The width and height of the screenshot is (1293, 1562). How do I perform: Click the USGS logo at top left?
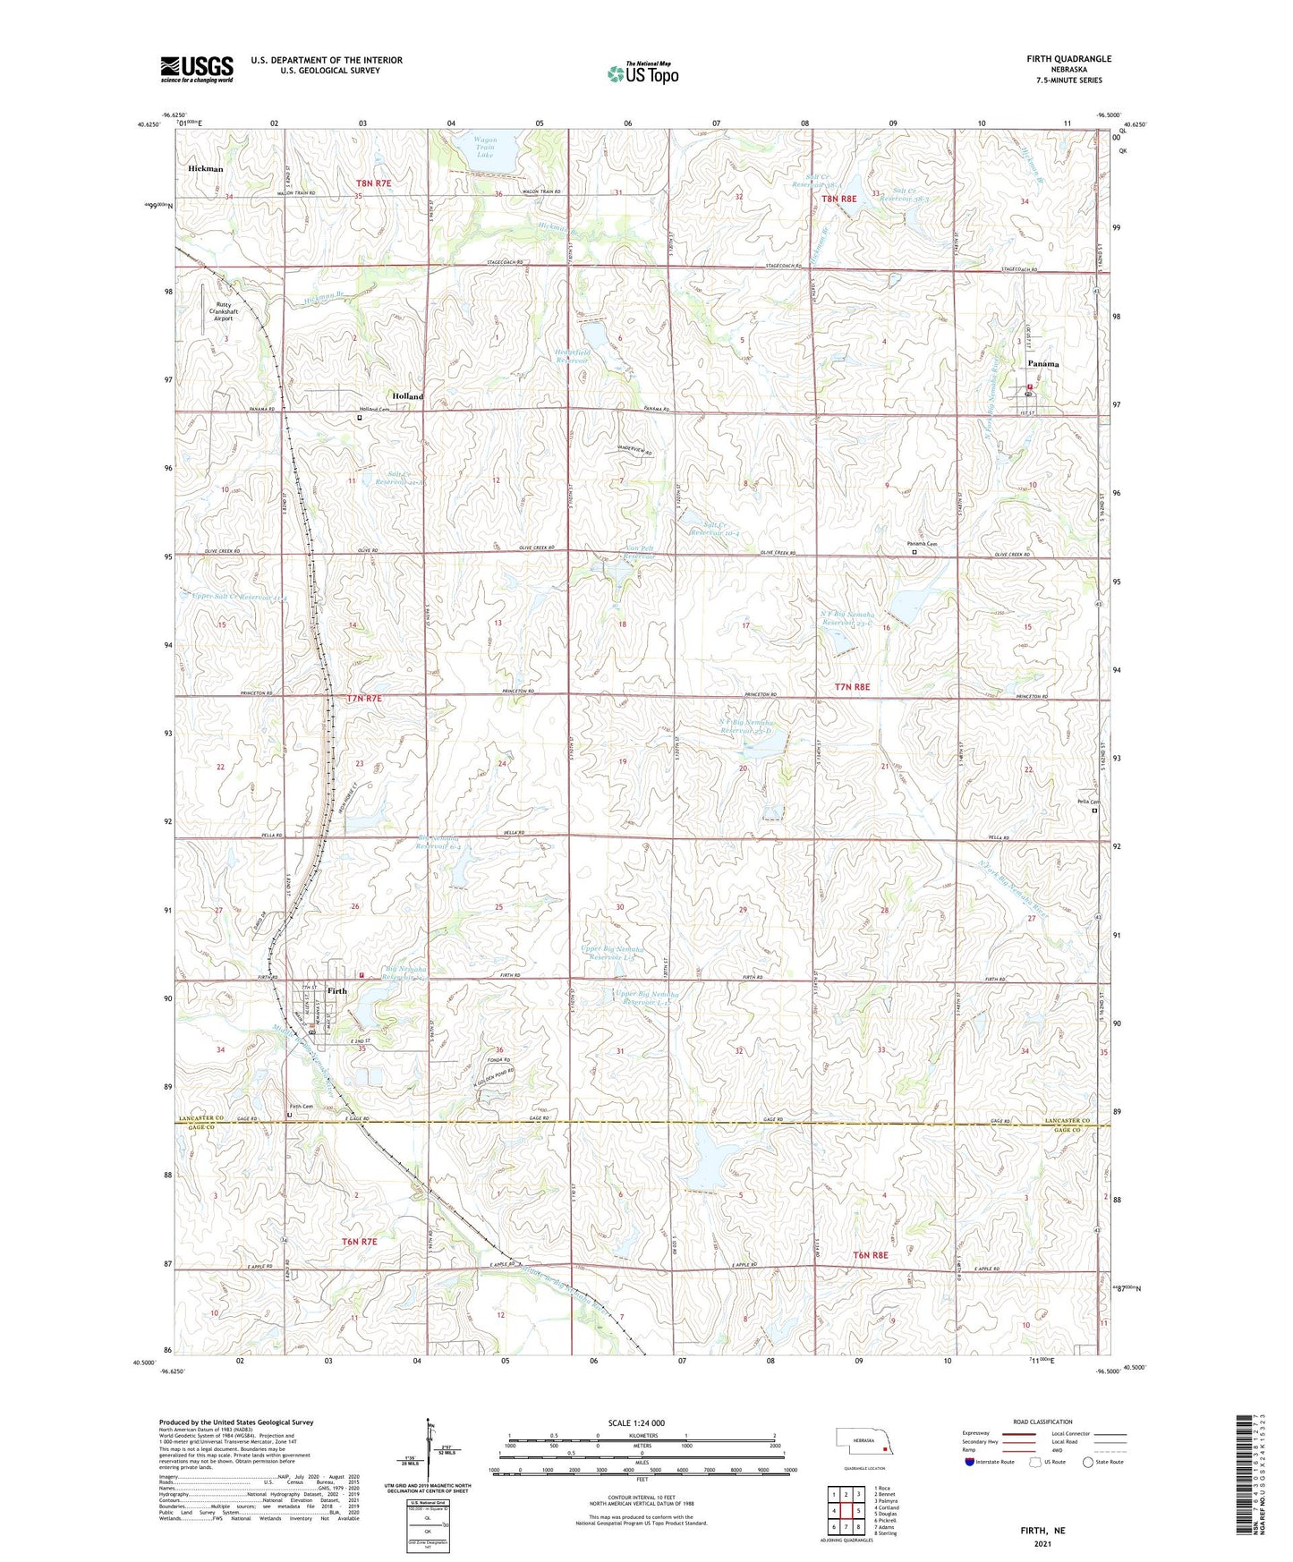tap(197, 69)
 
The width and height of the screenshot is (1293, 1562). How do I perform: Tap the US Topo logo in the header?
tap(642, 74)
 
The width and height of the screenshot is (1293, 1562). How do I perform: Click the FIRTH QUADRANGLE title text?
tap(1068, 59)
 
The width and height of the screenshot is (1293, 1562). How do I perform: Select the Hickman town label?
tap(206, 168)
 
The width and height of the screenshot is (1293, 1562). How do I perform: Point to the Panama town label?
tap(1042, 364)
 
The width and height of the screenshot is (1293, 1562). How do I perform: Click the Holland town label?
tap(407, 395)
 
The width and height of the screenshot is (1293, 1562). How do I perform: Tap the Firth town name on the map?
tap(336, 991)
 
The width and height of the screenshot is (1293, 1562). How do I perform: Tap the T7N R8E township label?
tap(852, 687)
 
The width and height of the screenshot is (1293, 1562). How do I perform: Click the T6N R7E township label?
tap(360, 1242)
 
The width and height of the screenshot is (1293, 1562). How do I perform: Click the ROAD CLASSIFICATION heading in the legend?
tap(1043, 1422)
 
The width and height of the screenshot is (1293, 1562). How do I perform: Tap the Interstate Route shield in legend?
tap(971, 1462)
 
